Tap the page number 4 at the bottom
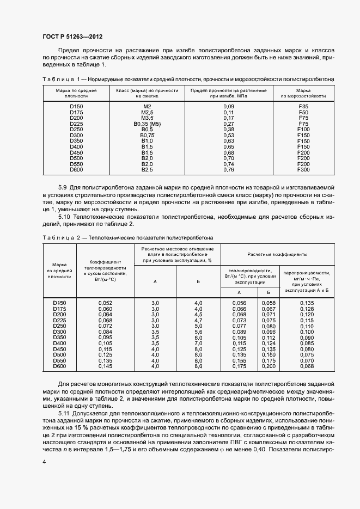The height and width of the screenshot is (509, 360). (x=45, y=462)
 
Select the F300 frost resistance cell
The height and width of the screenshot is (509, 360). (x=303, y=170)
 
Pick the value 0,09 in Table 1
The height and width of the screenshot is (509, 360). (x=228, y=106)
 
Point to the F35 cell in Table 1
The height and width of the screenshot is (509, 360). (x=303, y=106)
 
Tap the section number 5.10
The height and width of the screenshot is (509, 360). (x=65, y=216)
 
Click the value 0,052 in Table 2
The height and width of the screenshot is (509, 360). (x=105, y=302)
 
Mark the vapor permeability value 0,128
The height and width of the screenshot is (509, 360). (x=307, y=309)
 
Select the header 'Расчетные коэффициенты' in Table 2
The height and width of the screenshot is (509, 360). (x=277, y=254)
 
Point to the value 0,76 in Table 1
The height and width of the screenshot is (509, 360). (x=228, y=170)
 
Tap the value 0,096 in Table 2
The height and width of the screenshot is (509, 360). (x=269, y=332)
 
